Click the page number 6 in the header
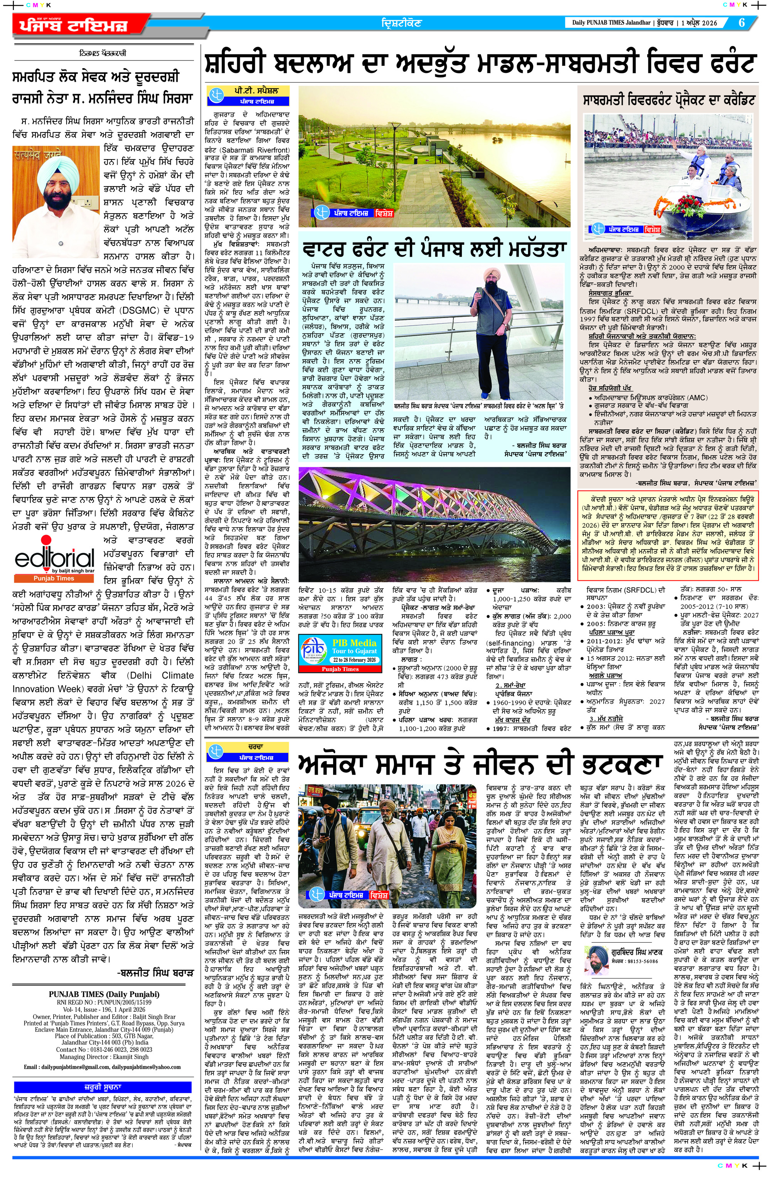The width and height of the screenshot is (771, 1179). tap(741, 23)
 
